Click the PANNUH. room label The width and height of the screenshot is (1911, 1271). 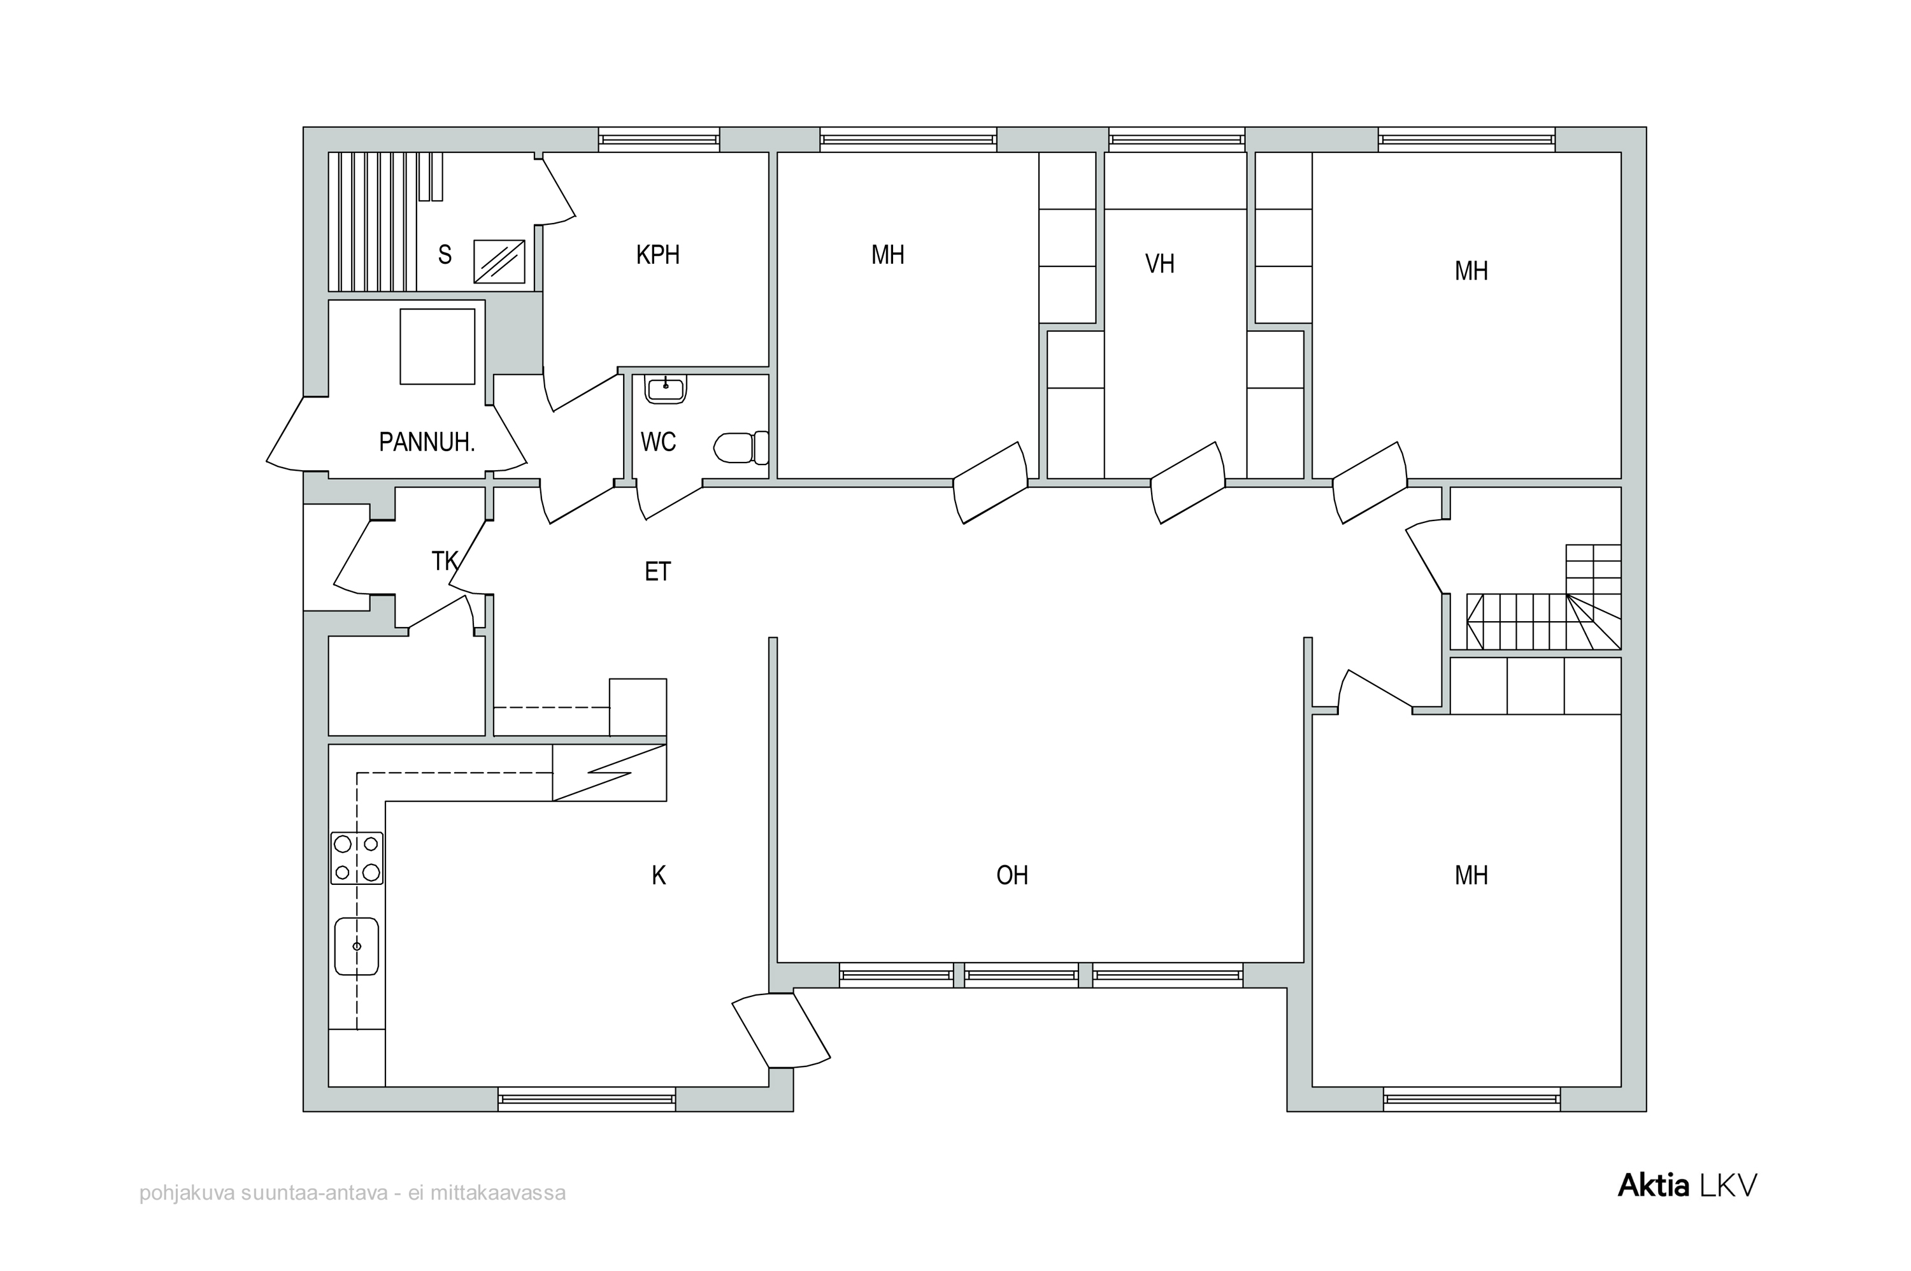(x=426, y=443)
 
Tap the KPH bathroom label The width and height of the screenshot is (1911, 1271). (x=657, y=255)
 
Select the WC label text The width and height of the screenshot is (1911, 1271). (x=658, y=443)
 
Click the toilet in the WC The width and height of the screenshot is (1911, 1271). (x=741, y=447)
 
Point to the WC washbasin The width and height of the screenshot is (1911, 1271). (x=666, y=388)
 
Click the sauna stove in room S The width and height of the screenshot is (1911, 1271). (x=498, y=261)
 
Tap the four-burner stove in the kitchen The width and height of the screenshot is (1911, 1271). (x=357, y=858)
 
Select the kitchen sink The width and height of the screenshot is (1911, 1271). (x=357, y=946)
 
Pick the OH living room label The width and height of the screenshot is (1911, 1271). (x=1012, y=875)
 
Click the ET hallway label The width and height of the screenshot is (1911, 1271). (x=657, y=572)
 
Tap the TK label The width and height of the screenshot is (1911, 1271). (x=445, y=561)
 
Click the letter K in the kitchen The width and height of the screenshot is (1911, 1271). (x=659, y=875)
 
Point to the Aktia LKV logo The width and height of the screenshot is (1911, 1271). (x=1687, y=1186)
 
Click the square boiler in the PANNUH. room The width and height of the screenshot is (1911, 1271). (x=437, y=346)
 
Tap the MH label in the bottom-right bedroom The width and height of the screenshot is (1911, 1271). (x=1471, y=875)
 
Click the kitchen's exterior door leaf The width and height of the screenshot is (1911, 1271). (x=781, y=1030)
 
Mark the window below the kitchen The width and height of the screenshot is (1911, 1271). (x=586, y=1099)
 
